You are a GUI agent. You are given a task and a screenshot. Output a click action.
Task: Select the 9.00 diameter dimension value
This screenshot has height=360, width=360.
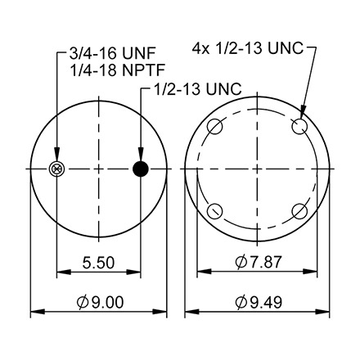click(103, 302)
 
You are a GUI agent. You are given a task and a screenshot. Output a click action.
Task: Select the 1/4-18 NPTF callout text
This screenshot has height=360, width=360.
click(101, 72)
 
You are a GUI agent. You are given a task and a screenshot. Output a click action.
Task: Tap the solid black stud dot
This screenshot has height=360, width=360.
click(141, 169)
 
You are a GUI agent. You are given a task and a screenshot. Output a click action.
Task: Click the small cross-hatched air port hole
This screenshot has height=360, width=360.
click(56, 169)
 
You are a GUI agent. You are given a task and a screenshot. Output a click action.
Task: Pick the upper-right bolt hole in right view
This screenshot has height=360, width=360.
click(300, 127)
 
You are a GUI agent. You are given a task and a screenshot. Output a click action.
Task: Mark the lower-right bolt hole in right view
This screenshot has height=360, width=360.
click(300, 211)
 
